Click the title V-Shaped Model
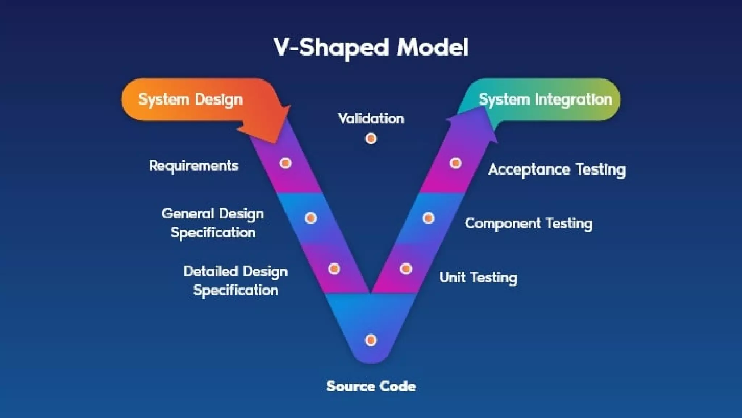(371, 48)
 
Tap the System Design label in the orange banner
(191, 99)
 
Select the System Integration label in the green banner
(545, 99)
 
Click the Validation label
(371, 119)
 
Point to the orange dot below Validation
(371, 139)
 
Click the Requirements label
(194, 166)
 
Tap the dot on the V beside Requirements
(285, 163)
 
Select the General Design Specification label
(213, 223)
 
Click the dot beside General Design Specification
(310, 218)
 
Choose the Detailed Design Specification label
(235, 280)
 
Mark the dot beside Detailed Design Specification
(334, 269)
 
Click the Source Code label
(371, 386)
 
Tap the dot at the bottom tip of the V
(371, 340)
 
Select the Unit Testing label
(478, 278)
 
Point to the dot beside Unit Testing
(406, 269)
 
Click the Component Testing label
(529, 223)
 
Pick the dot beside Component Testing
(428, 218)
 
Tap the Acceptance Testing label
(557, 169)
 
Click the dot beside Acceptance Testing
(455, 163)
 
